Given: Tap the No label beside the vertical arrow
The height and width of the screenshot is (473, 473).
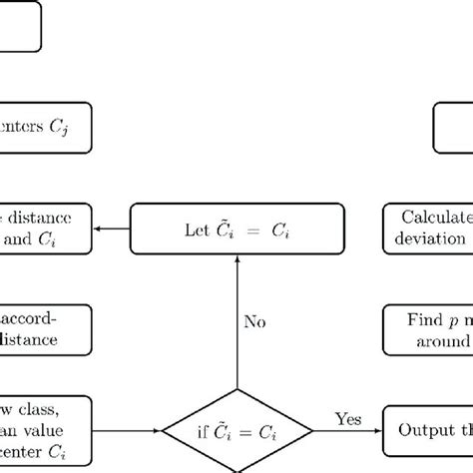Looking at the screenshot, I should click(256, 321).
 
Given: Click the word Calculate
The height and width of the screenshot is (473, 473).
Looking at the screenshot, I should click(434, 219).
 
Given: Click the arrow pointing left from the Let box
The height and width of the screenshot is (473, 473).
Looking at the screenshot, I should click(113, 230).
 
